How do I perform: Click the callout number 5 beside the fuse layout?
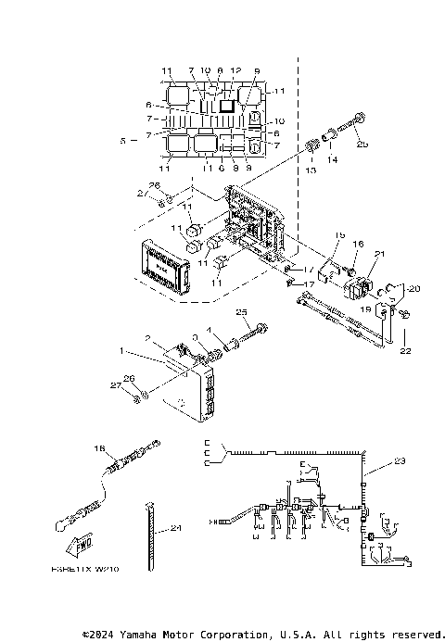click(x=123, y=141)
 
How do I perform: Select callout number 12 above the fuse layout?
click(x=235, y=70)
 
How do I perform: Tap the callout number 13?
click(x=310, y=170)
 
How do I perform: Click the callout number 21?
click(x=378, y=253)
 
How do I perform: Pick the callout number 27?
click(x=115, y=384)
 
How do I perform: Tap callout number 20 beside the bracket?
click(x=413, y=288)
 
